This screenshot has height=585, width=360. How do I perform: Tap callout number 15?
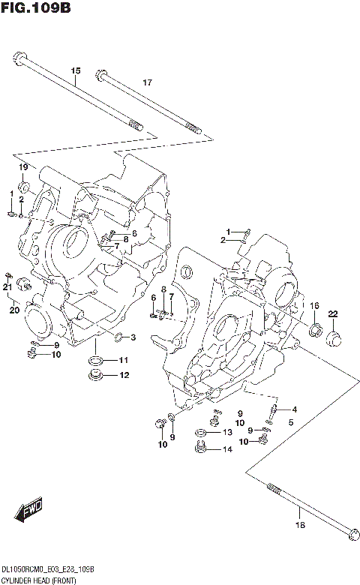(75, 71)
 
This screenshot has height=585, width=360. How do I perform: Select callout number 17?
(147, 82)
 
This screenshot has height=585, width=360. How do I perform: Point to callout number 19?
(23, 166)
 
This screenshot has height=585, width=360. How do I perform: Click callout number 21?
(7, 286)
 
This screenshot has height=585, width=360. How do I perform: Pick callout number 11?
(124, 361)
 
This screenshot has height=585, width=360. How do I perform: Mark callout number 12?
(124, 375)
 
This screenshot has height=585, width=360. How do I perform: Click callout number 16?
(315, 305)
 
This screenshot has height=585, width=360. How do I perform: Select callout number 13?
(226, 433)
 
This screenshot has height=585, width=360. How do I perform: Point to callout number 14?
(226, 450)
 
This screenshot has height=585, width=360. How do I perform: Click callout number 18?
(300, 524)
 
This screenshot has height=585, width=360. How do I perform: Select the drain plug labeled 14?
(199, 449)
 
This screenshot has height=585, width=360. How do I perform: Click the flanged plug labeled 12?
(96, 375)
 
